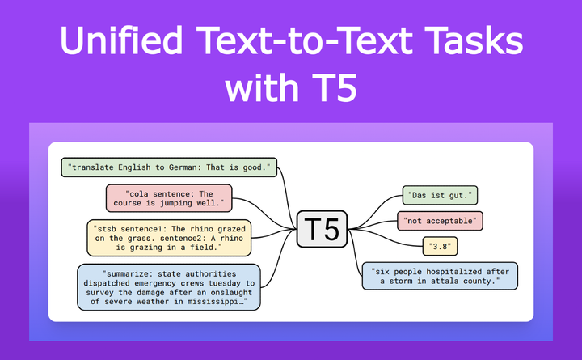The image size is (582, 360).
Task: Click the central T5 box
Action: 323,230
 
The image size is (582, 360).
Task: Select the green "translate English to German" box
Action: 169,167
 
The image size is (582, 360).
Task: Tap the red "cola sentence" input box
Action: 169,198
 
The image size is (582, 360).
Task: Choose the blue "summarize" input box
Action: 169,286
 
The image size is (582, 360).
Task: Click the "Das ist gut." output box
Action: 441,195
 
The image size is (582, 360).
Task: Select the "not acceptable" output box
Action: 441,219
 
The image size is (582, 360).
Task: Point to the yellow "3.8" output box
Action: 441,244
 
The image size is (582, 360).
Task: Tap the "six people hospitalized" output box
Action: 440,276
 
